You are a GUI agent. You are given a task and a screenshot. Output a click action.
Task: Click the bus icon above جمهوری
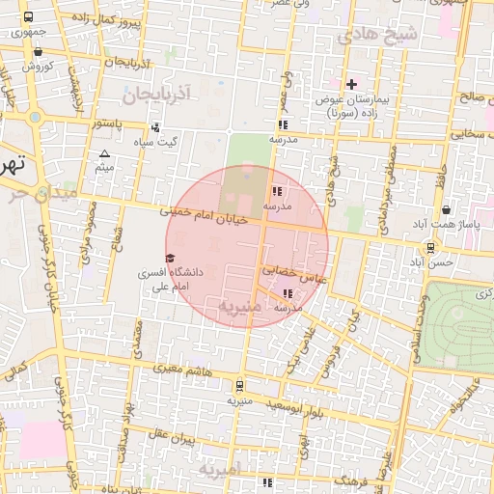click(x=27, y=17)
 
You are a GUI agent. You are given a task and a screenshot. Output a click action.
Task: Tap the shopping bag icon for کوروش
click(x=38, y=52)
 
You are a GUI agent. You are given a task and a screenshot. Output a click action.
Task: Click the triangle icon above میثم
click(x=105, y=154)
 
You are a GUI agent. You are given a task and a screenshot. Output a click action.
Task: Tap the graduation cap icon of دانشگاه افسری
click(x=171, y=259)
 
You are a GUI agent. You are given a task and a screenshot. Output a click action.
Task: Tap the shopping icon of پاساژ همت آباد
click(x=446, y=210)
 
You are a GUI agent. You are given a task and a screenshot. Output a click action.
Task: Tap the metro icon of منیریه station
click(x=239, y=384)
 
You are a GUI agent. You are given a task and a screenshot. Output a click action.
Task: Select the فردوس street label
click(x=328, y=358)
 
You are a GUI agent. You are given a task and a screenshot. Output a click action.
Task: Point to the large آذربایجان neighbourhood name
click(x=159, y=94)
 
